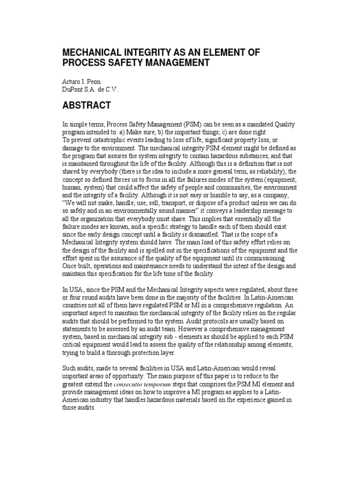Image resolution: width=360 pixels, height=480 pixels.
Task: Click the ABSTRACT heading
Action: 87,105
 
